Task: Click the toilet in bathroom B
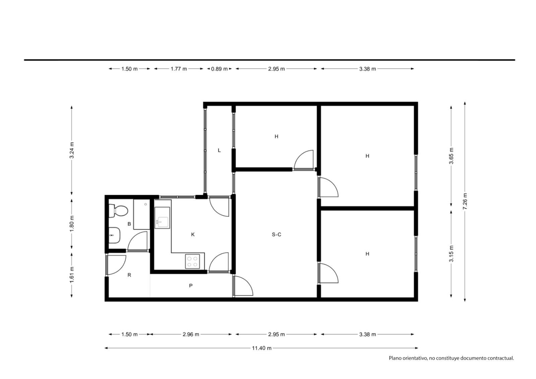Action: (118, 211)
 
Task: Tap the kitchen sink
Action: (162, 217)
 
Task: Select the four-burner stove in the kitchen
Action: (192, 261)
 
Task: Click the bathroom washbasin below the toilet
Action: (114, 235)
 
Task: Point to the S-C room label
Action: (276, 235)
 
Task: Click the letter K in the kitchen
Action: (193, 235)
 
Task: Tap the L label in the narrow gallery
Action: (219, 150)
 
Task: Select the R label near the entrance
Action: (129, 275)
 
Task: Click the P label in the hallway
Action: (191, 286)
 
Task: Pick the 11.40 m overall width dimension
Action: (262, 348)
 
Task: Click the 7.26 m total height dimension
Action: (465, 201)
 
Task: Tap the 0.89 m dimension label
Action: (219, 69)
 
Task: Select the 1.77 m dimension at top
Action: (179, 69)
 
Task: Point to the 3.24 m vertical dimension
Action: (72, 150)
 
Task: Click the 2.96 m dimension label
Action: (191, 334)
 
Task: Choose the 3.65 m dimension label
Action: (451, 156)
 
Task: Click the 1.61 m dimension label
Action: (72, 274)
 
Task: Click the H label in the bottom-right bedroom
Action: (367, 254)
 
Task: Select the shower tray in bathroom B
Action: (142, 214)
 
